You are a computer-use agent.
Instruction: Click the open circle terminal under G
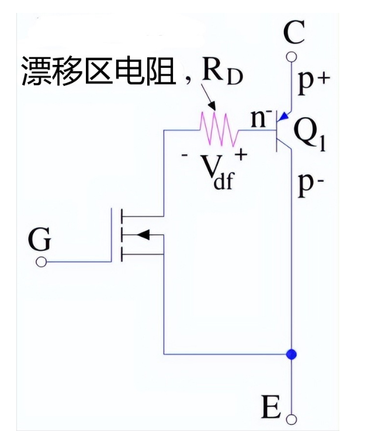(41, 262)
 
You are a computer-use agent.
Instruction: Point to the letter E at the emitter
(271, 407)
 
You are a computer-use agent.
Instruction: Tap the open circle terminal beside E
(292, 419)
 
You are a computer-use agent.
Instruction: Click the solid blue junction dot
(292, 354)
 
